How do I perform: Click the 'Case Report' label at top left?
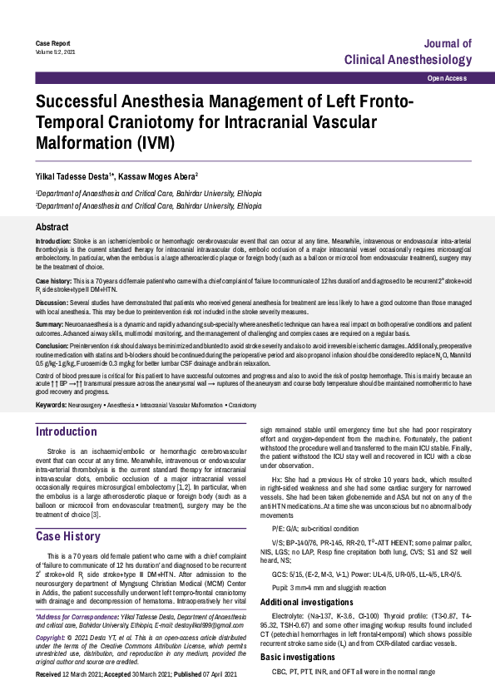coord(51,42)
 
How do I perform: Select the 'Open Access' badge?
coord(447,77)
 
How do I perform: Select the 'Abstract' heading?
coord(52,227)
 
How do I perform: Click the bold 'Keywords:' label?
coord(52,405)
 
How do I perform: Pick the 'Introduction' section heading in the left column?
coord(66,431)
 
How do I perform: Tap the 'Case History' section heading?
coord(67,536)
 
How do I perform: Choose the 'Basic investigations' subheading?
coord(299,680)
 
